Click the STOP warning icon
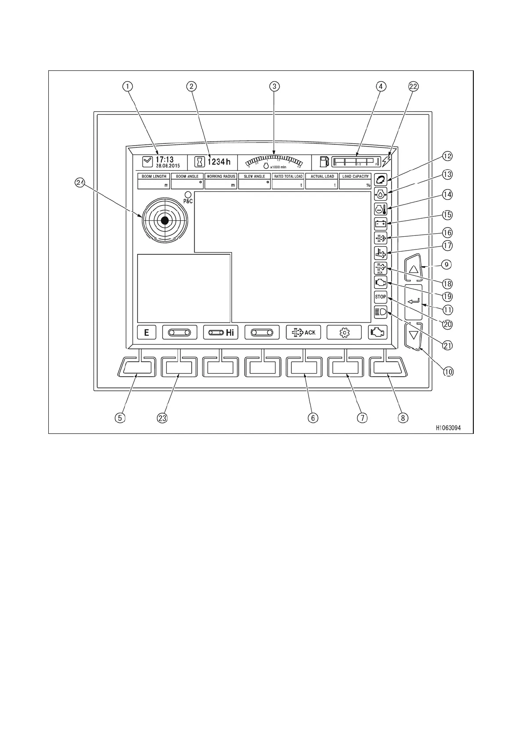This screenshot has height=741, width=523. coord(380,297)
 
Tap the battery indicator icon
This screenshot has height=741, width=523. coord(380,224)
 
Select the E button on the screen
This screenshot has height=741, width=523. coord(146,333)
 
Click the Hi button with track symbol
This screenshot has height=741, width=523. coord(221,333)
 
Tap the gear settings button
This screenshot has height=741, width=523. coord(344,333)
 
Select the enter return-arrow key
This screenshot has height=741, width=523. coord(413,301)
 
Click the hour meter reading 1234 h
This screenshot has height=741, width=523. coord(219,162)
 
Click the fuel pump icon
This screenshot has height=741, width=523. coord(324,161)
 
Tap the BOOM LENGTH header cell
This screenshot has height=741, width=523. coord(154,176)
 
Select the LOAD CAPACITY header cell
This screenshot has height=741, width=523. coord(356,176)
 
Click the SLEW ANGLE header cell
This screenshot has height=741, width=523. coord(254,176)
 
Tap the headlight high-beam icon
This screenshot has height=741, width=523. coord(380,312)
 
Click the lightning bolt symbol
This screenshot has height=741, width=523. coord(386,161)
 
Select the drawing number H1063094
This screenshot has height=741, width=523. coord(448,428)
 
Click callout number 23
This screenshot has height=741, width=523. coord(162,418)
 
